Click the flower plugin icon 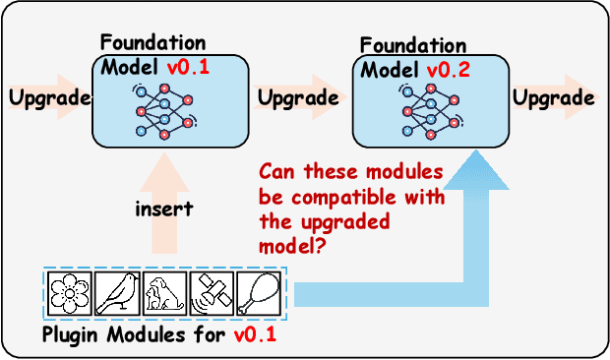[72, 293]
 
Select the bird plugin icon [118, 293]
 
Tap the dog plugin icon [164, 293]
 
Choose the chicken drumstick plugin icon [260, 293]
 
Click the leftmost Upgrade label [48, 98]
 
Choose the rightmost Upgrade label [554, 98]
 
